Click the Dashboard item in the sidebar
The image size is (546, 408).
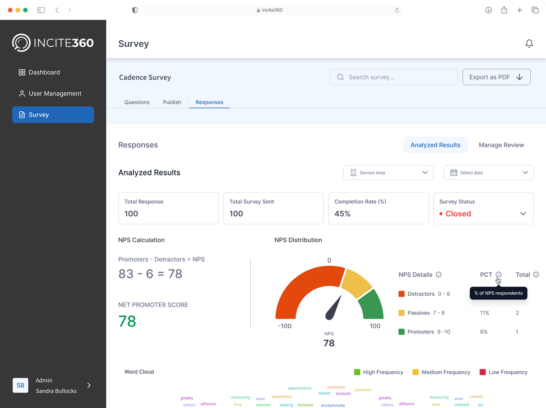tap(39, 72)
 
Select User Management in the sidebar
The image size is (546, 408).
tap(50, 93)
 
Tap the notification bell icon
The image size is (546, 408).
tap(529, 43)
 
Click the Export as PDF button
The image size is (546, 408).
tap(497, 77)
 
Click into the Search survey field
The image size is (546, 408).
tap(394, 77)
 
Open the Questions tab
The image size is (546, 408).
tap(137, 102)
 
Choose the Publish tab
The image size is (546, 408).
tap(172, 102)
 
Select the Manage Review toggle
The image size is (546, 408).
tap(501, 145)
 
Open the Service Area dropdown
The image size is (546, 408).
tap(388, 173)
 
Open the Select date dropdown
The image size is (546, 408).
tap(488, 173)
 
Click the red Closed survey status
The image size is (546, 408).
tap(458, 214)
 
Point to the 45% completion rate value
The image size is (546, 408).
tap(342, 214)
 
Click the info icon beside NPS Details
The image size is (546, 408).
tap(439, 275)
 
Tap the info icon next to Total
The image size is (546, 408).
tap(536, 275)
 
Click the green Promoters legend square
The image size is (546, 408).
tap(401, 332)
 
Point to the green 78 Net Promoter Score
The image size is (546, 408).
tap(127, 321)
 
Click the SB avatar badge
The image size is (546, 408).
tap(20, 385)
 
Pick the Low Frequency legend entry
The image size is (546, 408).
tap(503, 372)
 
